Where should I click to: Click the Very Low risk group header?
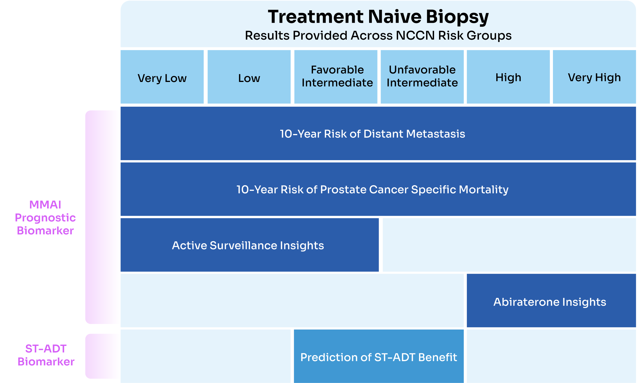click(162, 77)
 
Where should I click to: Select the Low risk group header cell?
click(249, 77)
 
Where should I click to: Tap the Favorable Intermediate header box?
click(336, 76)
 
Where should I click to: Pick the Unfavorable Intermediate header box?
click(422, 76)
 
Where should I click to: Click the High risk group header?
click(508, 77)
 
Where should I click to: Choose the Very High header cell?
click(594, 77)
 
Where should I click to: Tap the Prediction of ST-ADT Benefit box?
click(379, 357)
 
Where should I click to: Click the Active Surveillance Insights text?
click(248, 246)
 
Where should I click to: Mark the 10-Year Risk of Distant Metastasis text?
click(372, 134)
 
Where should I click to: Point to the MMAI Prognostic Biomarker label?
click(45, 218)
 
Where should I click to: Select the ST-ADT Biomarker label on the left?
click(46, 355)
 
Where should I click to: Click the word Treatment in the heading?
click(316, 17)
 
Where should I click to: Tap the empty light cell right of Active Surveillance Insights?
click(509, 245)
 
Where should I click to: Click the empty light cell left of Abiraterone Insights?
click(292, 300)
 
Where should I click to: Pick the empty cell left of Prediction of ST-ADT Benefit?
click(205, 356)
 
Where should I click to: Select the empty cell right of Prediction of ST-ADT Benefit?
click(551, 356)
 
